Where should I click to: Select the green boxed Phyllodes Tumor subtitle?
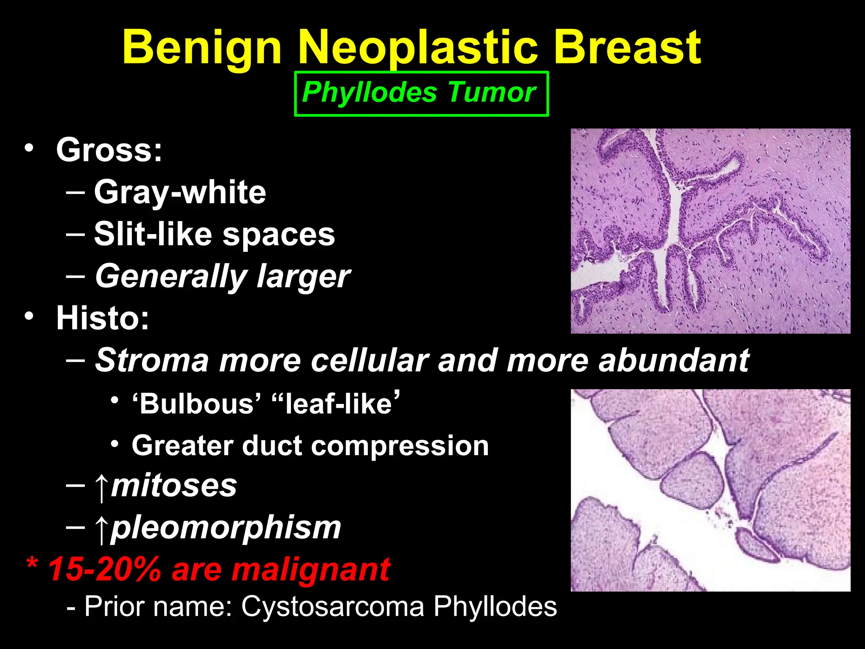(421, 93)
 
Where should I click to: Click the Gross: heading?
(109, 150)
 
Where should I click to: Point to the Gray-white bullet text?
(180, 192)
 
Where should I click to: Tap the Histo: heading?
(103, 318)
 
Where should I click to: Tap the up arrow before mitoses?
(101, 487)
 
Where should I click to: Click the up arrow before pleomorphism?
(101, 529)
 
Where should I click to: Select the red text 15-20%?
(105, 569)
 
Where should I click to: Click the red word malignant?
(311, 570)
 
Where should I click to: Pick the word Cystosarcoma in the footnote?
(333, 607)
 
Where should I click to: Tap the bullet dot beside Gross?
(29, 148)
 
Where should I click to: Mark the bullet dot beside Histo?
(29, 316)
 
